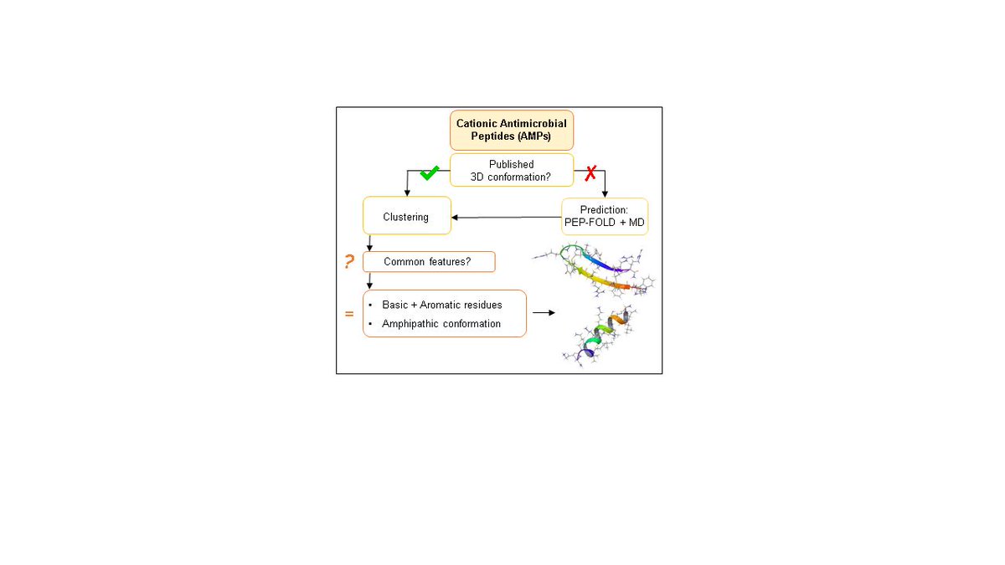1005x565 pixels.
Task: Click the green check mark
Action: click(429, 172)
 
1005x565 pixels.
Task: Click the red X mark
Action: click(590, 173)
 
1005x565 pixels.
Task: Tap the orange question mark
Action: click(349, 262)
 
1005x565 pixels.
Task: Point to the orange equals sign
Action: click(349, 315)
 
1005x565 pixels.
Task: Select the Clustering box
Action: click(406, 217)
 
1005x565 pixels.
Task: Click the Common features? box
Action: click(428, 262)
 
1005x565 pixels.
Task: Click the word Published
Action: click(512, 164)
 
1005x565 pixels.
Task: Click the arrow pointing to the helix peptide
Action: click(544, 313)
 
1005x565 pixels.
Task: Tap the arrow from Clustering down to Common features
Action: click(369, 243)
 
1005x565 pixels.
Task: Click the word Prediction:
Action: click(604, 209)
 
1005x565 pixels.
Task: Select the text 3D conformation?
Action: click(512, 177)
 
